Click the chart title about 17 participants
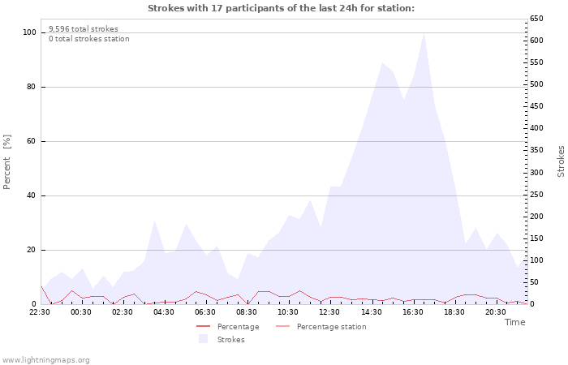[x=281, y=8]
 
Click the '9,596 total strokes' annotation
[x=83, y=29]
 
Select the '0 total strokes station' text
[x=88, y=39]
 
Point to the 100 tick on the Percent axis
[x=30, y=32]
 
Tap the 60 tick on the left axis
[x=32, y=141]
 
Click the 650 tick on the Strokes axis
[x=537, y=19]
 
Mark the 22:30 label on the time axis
[x=40, y=311]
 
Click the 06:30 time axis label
[x=205, y=311]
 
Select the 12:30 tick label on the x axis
[x=329, y=311]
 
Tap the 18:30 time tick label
[x=454, y=311]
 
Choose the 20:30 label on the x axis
[x=495, y=311]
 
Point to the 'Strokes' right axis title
[x=561, y=161]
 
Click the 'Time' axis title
[x=514, y=322]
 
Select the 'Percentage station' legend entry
[x=331, y=327]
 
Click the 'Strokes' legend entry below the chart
[x=230, y=340]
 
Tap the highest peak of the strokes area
[x=424, y=34]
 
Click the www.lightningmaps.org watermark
[x=45, y=359]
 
